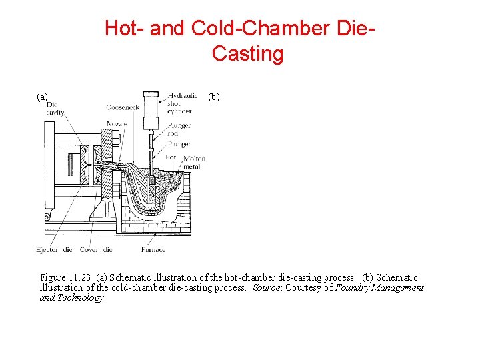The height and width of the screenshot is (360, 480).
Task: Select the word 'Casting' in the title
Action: (x=247, y=53)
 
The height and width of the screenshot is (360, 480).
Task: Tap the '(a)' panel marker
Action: (x=42, y=97)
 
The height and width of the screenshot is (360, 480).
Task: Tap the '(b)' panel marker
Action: (x=214, y=97)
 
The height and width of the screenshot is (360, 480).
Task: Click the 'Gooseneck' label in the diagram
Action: (x=122, y=108)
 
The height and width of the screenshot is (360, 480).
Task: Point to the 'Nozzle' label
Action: (x=117, y=123)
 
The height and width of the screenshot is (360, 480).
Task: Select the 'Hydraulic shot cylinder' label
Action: (x=183, y=103)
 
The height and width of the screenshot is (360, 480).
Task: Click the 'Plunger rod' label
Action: (x=179, y=129)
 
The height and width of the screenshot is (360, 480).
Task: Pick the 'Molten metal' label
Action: (x=194, y=163)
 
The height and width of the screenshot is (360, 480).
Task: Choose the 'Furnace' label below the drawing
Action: (x=153, y=250)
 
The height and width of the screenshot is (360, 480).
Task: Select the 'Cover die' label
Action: (x=97, y=250)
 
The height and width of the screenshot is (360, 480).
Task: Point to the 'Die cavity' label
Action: (x=53, y=109)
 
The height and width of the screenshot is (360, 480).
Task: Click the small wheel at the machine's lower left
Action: (x=46, y=217)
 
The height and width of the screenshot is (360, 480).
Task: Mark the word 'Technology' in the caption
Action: (x=81, y=298)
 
